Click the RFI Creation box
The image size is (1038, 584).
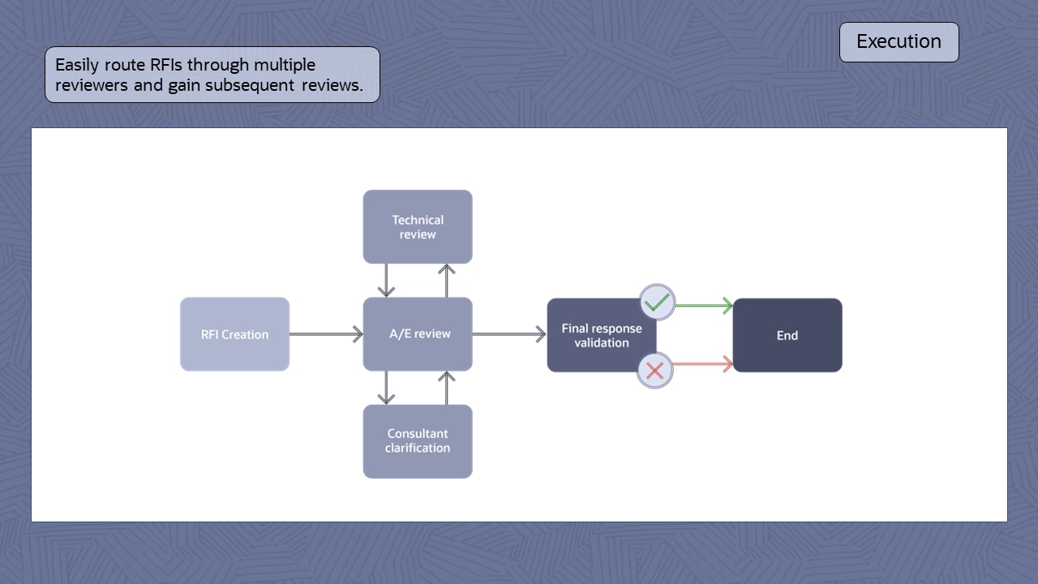click(x=234, y=334)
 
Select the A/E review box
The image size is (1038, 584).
click(x=418, y=334)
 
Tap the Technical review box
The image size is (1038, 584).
click(x=418, y=227)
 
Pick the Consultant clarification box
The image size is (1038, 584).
click(x=418, y=441)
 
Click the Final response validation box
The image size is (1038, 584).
click(x=601, y=336)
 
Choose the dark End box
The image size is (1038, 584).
click(x=787, y=335)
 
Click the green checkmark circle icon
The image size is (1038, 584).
click(x=657, y=303)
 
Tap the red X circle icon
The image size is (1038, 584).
click(x=655, y=371)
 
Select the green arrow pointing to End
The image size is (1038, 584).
click(x=704, y=306)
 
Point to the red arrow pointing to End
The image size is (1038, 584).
click(x=702, y=364)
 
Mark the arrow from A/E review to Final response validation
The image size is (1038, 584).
click(x=509, y=334)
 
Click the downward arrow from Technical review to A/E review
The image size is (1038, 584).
click(x=387, y=281)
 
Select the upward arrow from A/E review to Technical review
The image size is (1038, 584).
click(x=446, y=281)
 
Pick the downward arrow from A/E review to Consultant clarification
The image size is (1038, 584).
click(x=387, y=388)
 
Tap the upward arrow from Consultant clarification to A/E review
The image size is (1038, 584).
click(x=446, y=388)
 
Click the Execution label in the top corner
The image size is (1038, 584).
click(x=899, y=41)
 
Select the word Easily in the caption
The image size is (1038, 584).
click(x=77, y=65)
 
